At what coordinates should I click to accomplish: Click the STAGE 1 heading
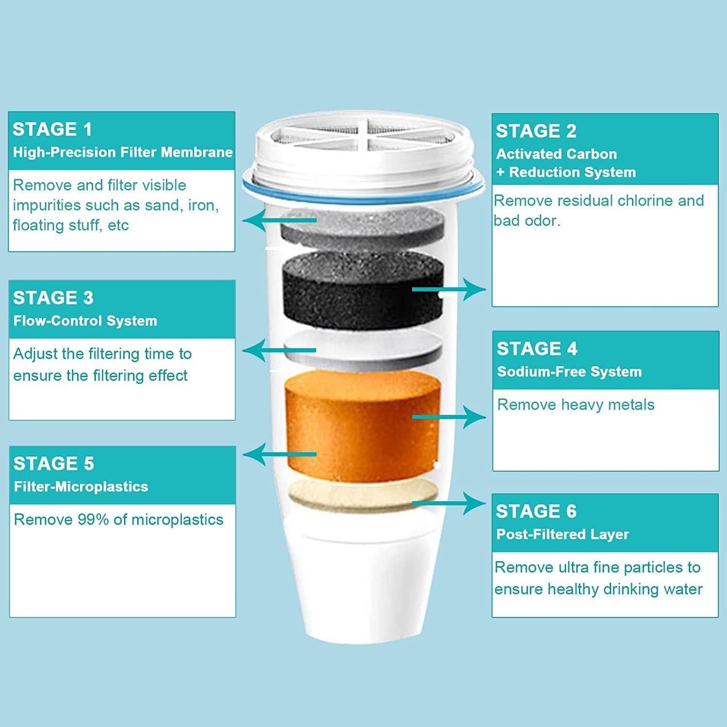(x=52, y=129)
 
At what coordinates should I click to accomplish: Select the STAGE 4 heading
(x=537, y=348)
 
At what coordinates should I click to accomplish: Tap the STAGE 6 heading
(x=536, y=511)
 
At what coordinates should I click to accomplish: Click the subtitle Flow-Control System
(x=85, y=321)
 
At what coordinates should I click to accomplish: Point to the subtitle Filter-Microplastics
(x=81, y=487)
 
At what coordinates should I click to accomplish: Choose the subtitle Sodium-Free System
(x=569, y=372)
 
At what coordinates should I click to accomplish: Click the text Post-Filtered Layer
(x=563, y=534)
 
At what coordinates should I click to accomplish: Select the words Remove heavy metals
(x=576, y=405)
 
